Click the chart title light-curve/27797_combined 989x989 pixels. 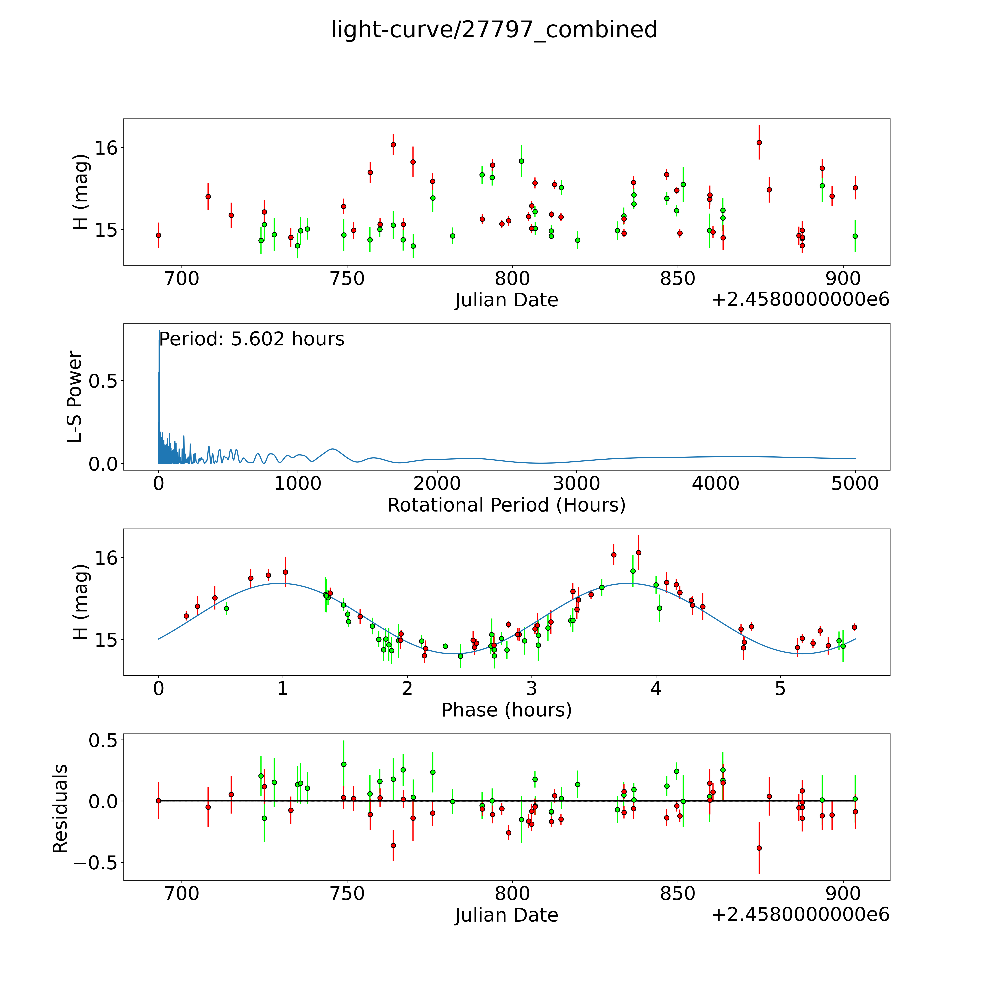pos(494,30)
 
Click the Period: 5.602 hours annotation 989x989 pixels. pos(251,339)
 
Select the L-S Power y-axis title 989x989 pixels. pos(75,397)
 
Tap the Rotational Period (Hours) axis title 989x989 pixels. pos(506,505)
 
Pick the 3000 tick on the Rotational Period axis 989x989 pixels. pos(576,484)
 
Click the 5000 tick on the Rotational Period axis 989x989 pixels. pos(855,484)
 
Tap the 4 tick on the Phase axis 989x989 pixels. pos(656,688)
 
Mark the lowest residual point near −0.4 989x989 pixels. pos(759,848)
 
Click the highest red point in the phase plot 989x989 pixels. pos(638,552)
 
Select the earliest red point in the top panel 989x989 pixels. pos(158,235)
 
